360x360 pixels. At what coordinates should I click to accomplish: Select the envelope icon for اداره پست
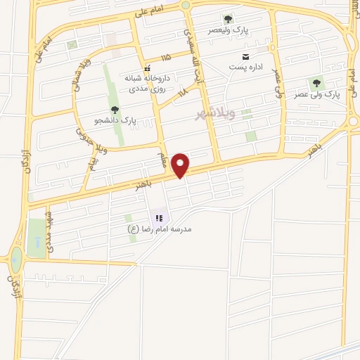click(245, 56)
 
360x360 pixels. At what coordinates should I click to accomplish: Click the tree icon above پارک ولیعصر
click(227, 19)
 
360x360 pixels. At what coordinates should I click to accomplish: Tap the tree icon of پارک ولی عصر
click(313, 84)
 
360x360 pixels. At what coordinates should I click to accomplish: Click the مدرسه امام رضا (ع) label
click(160, 229)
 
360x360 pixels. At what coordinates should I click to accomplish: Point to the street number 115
click(166, 57)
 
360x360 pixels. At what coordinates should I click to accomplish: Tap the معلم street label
click(163, 151)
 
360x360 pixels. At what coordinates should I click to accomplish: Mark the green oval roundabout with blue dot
click(15, 259)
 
